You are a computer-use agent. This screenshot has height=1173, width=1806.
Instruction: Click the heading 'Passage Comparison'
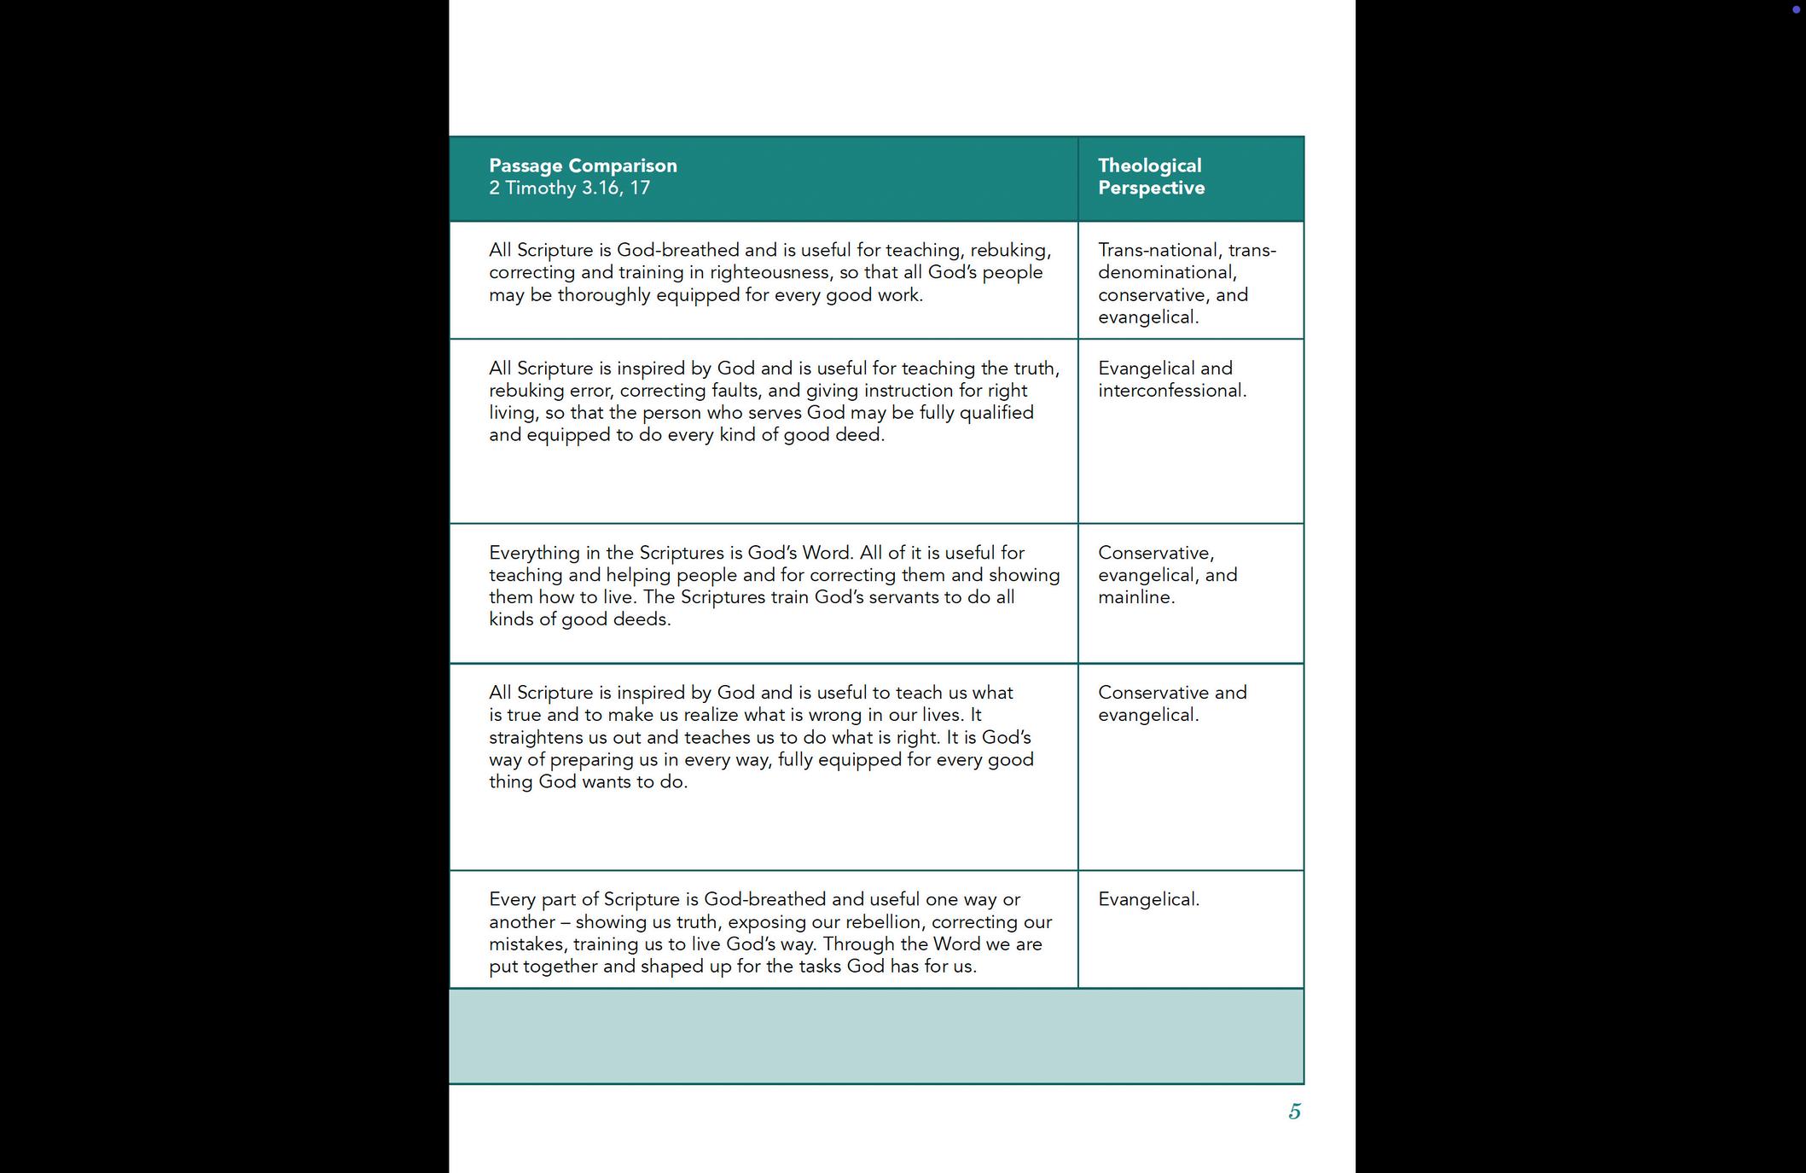point(583,165)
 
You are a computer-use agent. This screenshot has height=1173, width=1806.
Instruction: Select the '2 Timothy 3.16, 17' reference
point(569,188)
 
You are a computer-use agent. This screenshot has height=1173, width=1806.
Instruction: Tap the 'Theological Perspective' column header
point(1151,177)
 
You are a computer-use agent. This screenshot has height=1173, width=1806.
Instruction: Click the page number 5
point(1294,1112)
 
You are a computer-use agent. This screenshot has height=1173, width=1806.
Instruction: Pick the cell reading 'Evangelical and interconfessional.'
point(1171,380)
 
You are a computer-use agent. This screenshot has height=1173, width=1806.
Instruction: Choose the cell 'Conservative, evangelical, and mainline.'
point(1167,575)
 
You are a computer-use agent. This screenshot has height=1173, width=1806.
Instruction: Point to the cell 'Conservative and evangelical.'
point(1171,704)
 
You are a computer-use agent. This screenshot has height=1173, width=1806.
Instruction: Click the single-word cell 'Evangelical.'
point(1148,899)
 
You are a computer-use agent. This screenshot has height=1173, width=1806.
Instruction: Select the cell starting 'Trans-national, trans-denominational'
point(1187,283)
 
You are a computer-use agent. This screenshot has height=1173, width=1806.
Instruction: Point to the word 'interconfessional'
point(1170,391)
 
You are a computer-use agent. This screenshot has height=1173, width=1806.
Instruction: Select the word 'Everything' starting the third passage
point(534,553)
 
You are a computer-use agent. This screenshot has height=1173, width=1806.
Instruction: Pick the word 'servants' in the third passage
point(903,597)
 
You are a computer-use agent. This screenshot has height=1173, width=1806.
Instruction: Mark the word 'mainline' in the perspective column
point(1134,597)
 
